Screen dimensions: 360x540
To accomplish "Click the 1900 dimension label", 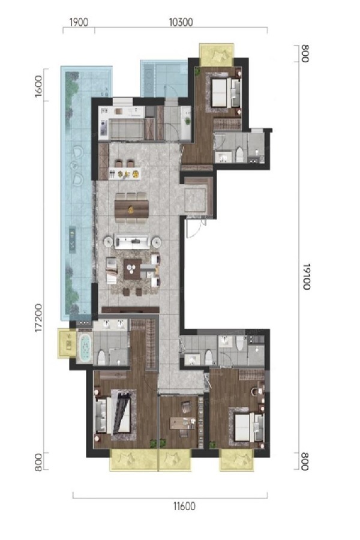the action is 79,22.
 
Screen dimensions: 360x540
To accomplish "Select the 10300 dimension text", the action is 181,22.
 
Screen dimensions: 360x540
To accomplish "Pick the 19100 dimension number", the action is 306,277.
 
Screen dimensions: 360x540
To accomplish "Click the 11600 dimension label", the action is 184,506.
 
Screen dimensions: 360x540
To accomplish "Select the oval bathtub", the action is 85,347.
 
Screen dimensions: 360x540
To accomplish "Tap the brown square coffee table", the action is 132,269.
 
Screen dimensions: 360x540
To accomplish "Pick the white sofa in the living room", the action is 132,242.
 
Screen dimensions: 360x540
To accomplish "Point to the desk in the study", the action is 182,423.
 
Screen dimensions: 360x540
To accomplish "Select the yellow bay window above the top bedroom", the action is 217,55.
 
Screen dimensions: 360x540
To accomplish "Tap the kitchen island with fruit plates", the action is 124,173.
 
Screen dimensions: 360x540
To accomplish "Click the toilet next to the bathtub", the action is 101,358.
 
